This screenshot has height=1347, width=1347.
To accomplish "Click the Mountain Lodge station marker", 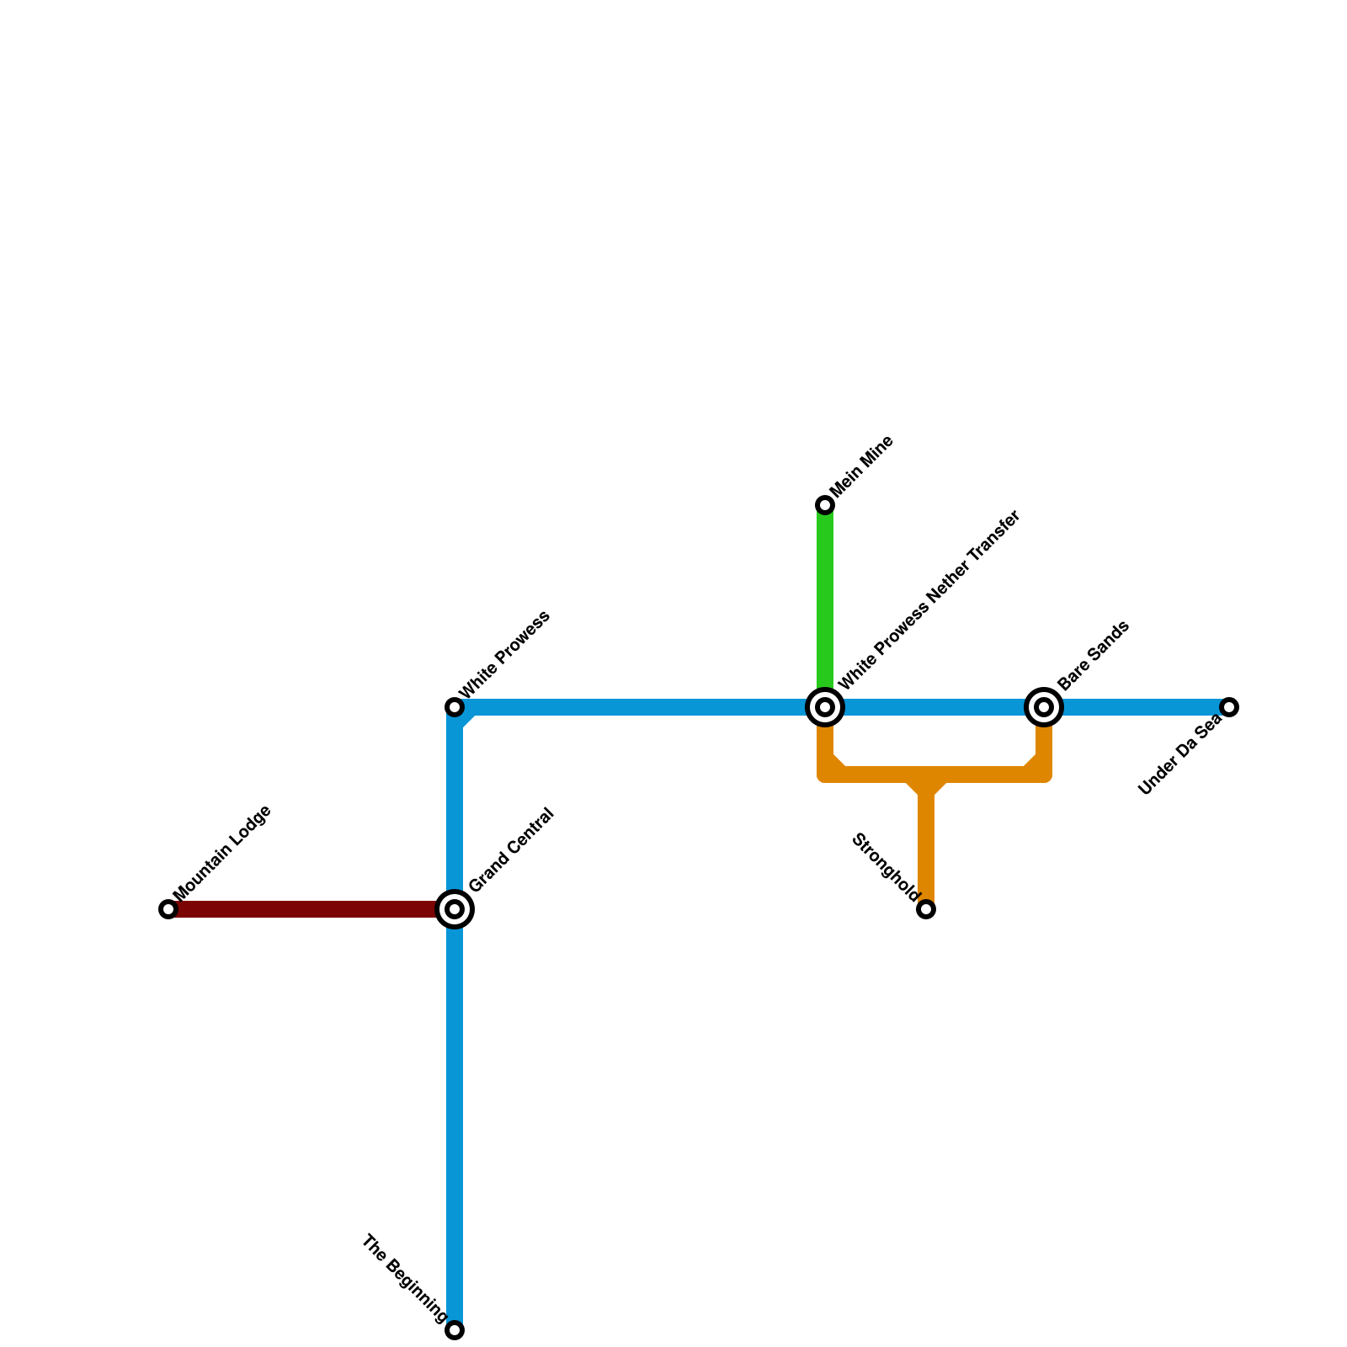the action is tap(168, 909).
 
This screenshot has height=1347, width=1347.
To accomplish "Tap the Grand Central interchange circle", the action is tap(455, 909).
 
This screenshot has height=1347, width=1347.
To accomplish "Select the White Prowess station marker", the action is tap(455, 707).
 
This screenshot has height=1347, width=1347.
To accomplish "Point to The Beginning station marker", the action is tap(455, 1330).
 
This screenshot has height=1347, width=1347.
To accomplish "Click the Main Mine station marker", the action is tap(825, 505).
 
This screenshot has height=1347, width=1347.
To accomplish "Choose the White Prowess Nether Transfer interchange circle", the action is tap(825, 707).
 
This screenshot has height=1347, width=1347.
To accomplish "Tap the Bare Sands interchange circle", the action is tap(1044, 707).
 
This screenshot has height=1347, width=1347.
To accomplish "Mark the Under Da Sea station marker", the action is tap(1229, 707).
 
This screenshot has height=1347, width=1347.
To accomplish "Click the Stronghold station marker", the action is tap(926, 909).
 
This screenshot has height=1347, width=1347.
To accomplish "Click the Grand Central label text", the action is tap(511, 850).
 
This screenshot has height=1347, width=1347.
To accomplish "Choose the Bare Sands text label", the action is tap(1093, 657).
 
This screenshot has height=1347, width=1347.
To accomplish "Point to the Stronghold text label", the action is tap(885, 867).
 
